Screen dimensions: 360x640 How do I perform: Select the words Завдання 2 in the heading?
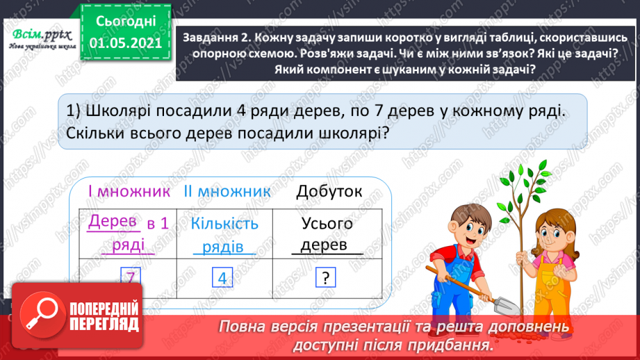tap(216, 39)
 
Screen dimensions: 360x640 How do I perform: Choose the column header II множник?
tap(227, 191)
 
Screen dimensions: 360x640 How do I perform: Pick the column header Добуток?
tap(329, 191)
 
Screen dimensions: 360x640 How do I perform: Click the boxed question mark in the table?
tap(325, 279)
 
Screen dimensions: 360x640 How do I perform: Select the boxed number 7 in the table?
tap(130, 277)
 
